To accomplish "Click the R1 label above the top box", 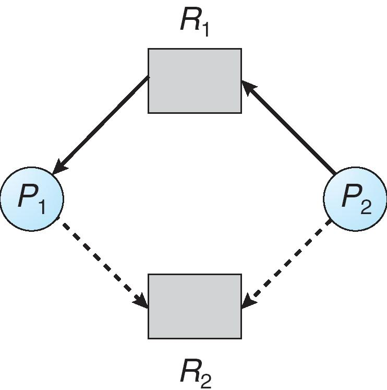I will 195,21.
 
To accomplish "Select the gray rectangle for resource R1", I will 195,80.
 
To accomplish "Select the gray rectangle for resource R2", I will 195,306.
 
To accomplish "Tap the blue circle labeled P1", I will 32,199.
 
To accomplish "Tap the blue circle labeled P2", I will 355,199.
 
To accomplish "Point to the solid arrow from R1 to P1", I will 102,125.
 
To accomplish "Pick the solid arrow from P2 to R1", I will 289,127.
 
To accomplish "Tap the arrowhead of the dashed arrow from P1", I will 142,301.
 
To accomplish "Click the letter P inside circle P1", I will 27,197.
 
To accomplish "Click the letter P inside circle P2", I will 350,197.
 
